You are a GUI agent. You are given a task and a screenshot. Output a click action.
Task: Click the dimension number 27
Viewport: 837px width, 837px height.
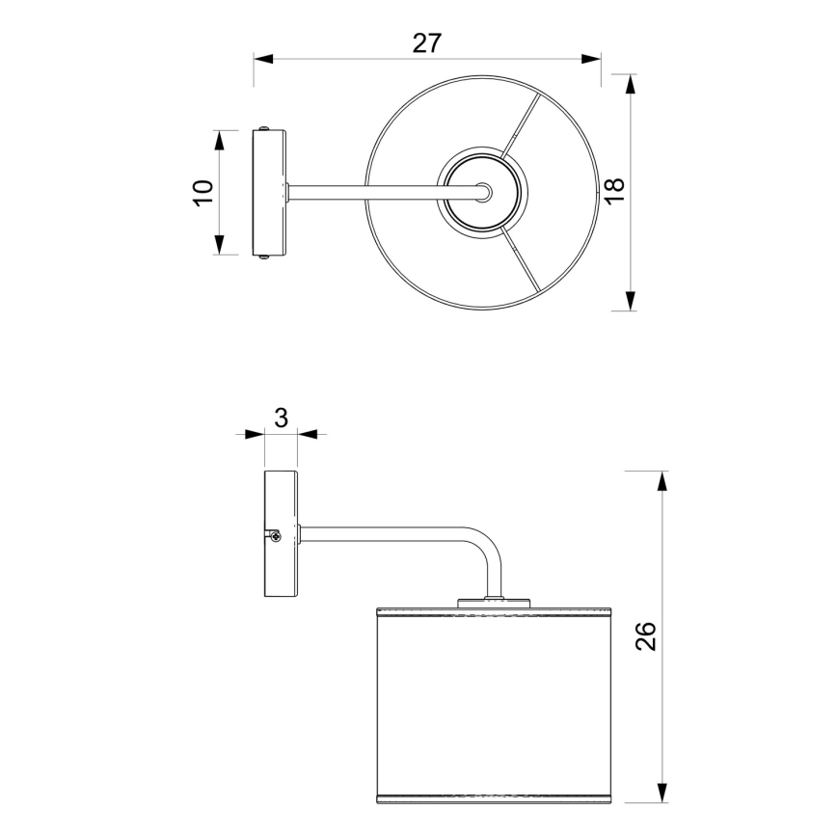426,42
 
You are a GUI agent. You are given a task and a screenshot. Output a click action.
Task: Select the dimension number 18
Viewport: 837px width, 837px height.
613,190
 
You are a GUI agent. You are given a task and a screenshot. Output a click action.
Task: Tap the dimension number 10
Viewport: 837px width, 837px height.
202,191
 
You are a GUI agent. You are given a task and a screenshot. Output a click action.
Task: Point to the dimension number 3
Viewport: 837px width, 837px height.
281,418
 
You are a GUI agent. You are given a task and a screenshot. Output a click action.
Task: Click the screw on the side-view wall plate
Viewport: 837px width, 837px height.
276,536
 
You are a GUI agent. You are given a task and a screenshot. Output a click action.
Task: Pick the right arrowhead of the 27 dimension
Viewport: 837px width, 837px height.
591,59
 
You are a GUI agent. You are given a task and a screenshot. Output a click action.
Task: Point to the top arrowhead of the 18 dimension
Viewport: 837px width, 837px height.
631,84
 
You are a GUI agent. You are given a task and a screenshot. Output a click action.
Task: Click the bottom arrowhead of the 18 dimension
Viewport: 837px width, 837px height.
631,301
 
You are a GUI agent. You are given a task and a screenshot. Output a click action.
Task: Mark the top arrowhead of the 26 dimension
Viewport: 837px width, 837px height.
661,481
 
